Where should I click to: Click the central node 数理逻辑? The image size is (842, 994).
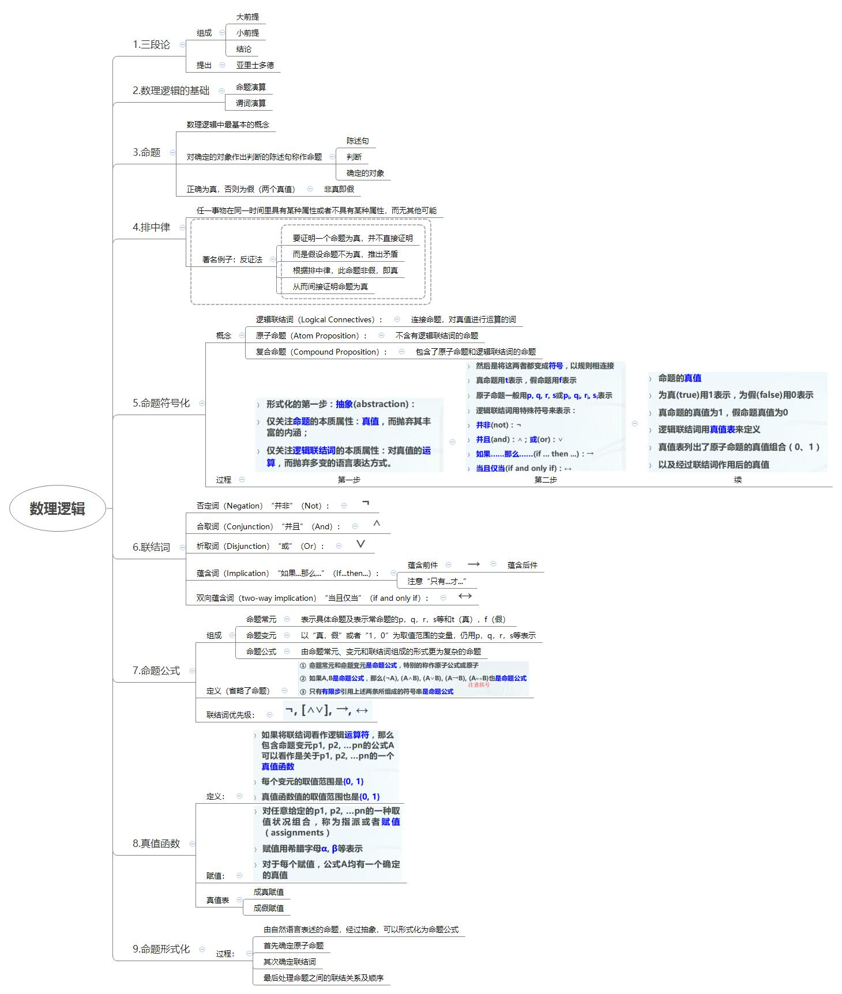[x=57, y=509]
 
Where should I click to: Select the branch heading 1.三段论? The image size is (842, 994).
[x=151, y=45]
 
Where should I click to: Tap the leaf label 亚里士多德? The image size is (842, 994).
[x=255, y=65]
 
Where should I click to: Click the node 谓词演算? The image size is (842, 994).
[x=251, y=103]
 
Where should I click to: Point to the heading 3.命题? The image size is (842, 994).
[x=146, y=152]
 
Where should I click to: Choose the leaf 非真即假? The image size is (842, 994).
[x=339, y=189]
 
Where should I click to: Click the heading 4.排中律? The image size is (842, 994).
[x=151, y=227]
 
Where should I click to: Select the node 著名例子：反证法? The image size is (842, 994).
[x=232, y=259]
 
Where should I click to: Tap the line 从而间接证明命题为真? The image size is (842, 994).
[x=330, y=287]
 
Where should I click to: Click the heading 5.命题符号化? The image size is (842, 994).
[x=161, y=403]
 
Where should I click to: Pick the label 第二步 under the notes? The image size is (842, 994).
[x=546, y=480]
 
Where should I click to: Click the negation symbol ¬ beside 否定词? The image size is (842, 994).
[x=365, y=503]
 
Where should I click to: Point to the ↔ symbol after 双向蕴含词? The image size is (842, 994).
[x=465, y=596]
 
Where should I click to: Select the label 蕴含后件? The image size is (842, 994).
[x=522, y=565]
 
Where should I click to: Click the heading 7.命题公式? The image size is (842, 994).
[x=156, y=671]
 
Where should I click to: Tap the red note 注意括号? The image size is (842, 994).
[x=479, y=685]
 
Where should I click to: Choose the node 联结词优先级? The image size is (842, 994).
[x=230, y=715]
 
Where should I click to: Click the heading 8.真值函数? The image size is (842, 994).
[x=156, y=844]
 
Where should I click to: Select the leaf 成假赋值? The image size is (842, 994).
[x=268, y=908]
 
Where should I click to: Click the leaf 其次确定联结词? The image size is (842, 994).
[x=290, y=962]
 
